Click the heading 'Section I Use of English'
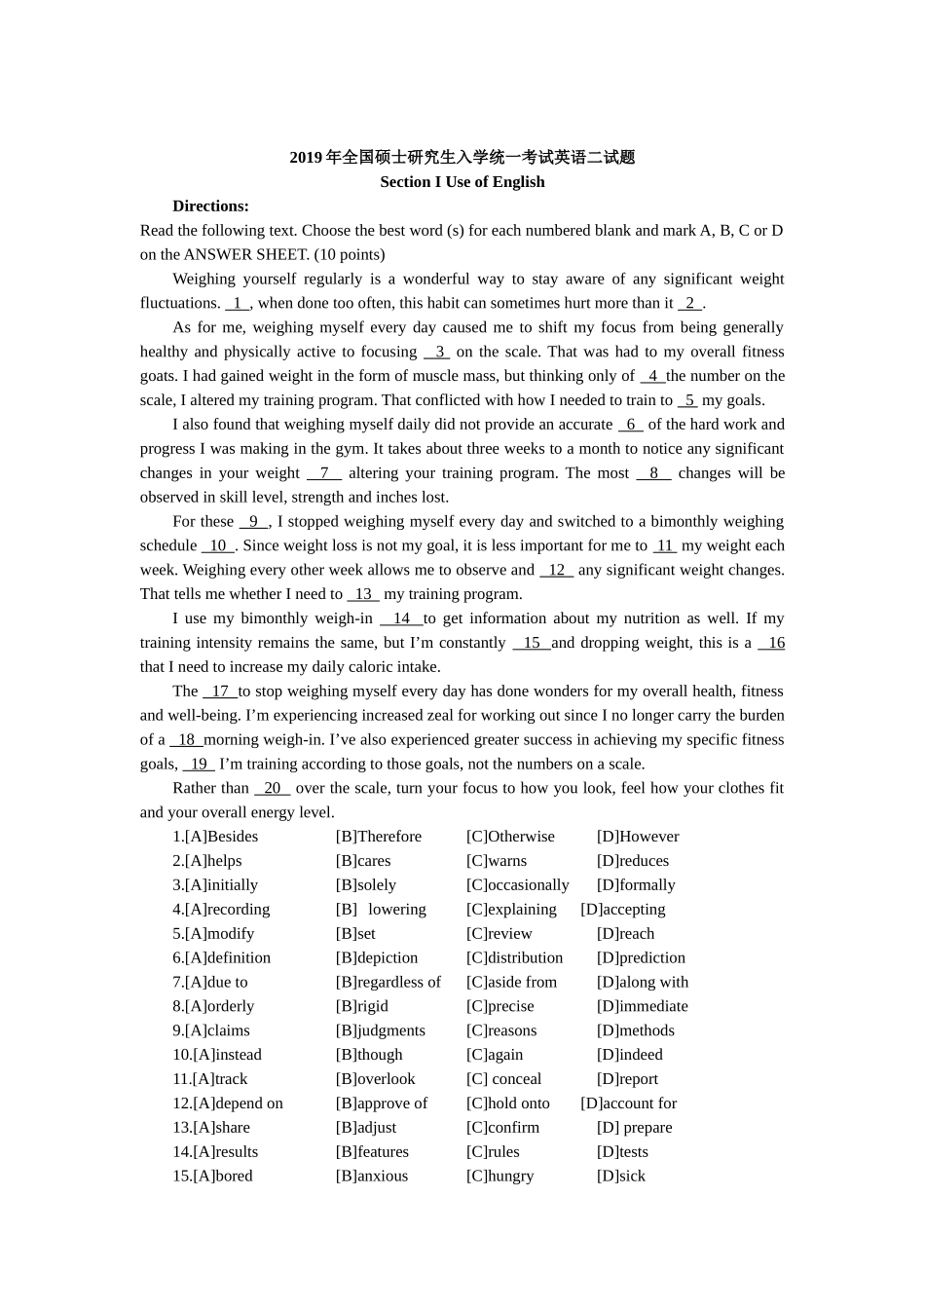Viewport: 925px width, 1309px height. point(462,182)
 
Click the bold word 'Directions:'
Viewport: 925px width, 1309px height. point(210,206)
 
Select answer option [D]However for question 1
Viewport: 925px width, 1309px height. point(638,837)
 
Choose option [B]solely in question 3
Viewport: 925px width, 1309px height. point(365,885)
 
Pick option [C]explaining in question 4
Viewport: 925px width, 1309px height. point(511,910)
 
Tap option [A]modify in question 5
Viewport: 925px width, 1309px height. point(213,934)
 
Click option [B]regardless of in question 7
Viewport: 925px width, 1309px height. point(388,983)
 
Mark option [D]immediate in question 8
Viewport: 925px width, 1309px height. point(642,1007)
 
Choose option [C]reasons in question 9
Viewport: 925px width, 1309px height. point(500,1030)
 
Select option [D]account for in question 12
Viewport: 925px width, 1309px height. point(628,1103)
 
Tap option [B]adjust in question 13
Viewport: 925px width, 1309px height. point(365,1128)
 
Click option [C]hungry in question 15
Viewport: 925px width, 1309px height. point(499,1177)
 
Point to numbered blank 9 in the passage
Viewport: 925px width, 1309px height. point(253,522)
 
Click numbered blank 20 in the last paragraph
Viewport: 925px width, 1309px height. point(272,789)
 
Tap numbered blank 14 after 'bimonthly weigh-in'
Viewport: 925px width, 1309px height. point(401,618)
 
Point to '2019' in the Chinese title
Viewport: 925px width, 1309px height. point(305,158)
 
